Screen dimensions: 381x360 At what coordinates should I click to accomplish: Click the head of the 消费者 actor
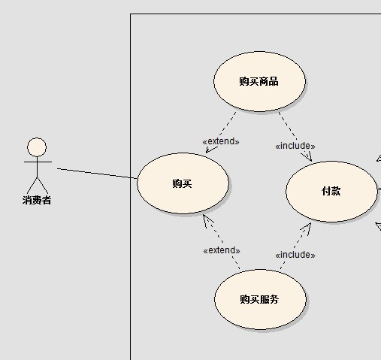37,147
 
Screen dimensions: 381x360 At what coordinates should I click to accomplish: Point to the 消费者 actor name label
37,200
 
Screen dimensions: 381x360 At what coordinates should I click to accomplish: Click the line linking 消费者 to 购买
97,174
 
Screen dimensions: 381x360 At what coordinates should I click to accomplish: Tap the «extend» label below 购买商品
221,141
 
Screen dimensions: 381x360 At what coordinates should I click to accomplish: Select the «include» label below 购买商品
295,146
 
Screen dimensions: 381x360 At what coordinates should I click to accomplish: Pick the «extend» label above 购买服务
222,250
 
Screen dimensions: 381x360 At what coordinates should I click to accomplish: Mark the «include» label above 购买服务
295,255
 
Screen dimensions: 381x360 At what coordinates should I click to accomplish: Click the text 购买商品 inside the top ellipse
259,81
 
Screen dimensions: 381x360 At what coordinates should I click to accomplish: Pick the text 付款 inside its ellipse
331,191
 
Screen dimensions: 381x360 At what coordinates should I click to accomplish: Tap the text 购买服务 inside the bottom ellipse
259,299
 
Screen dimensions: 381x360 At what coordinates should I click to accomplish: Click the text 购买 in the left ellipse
182,183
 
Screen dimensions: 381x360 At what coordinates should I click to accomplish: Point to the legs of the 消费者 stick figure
37,186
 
